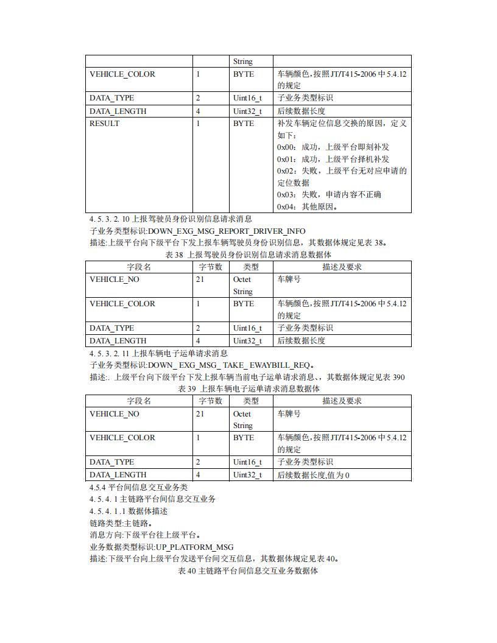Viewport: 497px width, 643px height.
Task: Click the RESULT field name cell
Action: [x=105, y=124]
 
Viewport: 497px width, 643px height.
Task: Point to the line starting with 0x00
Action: [x=333, y=147]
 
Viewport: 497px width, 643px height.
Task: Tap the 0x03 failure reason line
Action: [x=329, y=195]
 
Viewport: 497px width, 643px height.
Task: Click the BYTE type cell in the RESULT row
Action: [x=244, y=124]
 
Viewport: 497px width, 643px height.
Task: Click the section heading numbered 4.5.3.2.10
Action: [x=171, y=219]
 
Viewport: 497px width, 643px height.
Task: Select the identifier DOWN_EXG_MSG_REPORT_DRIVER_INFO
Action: [x=227, y=231]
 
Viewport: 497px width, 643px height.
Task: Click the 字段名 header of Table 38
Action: [x=139, y=267]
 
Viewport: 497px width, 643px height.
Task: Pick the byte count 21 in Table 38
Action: [x=200, y=279]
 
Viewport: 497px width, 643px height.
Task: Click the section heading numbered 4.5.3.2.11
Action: [x=158, y=353]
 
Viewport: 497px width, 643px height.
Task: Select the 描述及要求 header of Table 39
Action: [x=342, y=401]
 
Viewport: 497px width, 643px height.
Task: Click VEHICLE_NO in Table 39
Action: [x=115, y=414]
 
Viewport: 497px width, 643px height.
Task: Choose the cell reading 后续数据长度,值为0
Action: [x=313, y=475]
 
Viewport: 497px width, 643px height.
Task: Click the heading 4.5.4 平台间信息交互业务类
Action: [x=139, y=487]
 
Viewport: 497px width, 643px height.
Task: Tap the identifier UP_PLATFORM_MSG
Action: [x=190, y=547]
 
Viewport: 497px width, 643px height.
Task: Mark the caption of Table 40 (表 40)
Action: [x=248, y=571]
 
